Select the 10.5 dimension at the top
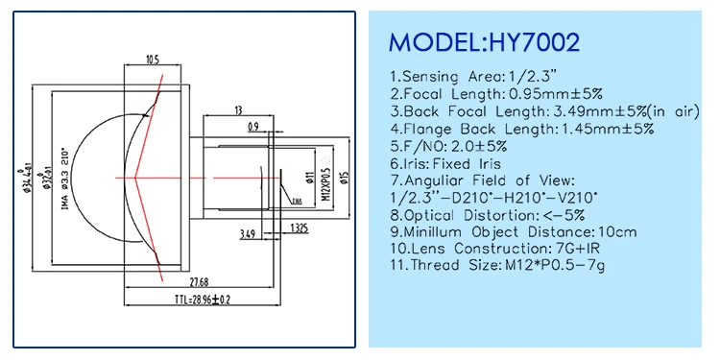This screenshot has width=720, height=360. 152,60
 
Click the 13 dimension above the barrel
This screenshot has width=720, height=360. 237,110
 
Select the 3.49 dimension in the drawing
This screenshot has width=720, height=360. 248,232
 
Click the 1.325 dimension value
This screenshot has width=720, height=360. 298,228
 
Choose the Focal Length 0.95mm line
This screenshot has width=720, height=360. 494,94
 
